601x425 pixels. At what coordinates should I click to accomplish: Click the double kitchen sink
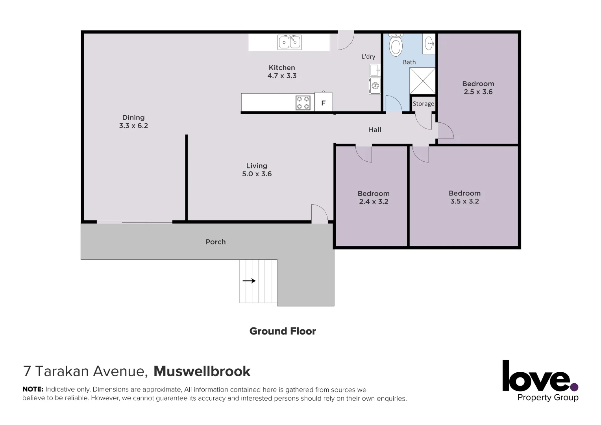pos(290,42)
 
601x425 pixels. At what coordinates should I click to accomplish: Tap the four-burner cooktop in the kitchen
pos(303,103)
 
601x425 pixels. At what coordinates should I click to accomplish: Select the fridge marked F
pos(323,103)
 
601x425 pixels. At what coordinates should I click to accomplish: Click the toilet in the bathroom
pos(396,45)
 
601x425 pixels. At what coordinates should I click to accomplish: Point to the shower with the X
pos(422,81)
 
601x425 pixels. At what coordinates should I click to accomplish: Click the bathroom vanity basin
pos(429,43)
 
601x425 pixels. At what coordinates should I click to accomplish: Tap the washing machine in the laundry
pos(375,85)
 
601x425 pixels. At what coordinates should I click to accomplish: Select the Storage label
pos(423,104)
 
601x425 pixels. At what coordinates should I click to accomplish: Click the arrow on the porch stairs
pos(249,281)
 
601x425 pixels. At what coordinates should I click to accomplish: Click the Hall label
pos(375,130)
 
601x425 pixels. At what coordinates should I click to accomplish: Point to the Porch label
pos(216,242)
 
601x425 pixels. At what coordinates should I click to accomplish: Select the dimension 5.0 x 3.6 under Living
pos(257,174)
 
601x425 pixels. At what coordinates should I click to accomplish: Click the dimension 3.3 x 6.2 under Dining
pos(133,126)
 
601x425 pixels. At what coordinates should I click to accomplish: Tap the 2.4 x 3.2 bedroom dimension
pos(374,202)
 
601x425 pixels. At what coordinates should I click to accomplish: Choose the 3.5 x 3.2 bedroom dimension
pos(464,201)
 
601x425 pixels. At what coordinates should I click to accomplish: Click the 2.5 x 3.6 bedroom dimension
pos(478,92)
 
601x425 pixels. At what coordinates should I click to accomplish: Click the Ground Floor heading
pos(283,331)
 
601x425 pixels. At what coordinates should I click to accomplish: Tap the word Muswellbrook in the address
pos(202,371)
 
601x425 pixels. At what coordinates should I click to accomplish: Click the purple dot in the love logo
pos(574,387)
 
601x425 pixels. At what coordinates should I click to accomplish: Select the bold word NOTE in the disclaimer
pos(33,390)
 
